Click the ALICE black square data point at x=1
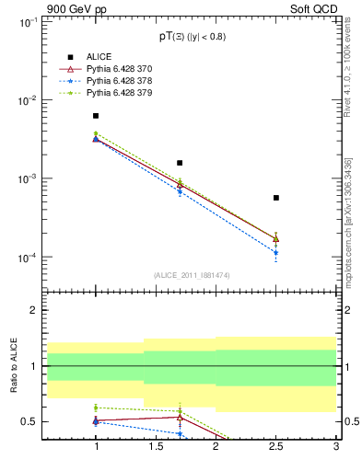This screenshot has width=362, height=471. [96, 116]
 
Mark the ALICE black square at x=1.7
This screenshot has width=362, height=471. [180, 163]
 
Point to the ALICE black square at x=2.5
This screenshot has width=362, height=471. [275, 198]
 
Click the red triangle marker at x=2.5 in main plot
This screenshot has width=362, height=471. [275, 238]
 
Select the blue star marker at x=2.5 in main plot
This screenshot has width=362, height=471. [275, 252]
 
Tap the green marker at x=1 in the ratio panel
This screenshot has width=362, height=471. [96, 408]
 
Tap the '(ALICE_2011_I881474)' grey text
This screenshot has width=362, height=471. [191, 274]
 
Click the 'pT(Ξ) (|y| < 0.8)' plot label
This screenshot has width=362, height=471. [191, 37]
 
